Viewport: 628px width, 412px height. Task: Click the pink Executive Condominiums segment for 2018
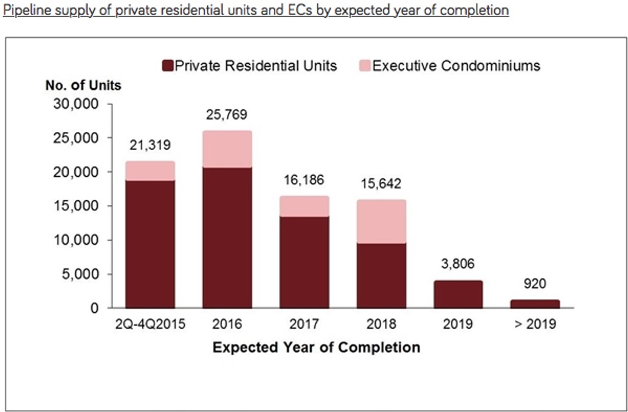382,222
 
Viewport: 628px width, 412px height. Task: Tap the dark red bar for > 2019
535,304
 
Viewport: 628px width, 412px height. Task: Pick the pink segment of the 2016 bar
227,149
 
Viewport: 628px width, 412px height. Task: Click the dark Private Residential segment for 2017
305,262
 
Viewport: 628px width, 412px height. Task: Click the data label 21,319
150,145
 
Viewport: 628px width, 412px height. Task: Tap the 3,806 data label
458,264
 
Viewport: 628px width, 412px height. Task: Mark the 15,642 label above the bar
382,184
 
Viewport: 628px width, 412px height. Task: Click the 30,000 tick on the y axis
76,104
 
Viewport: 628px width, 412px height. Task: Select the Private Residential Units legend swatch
167,66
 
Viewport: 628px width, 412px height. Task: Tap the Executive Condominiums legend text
456,66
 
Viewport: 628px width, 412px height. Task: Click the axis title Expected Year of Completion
316,348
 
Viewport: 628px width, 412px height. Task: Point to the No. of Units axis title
83,85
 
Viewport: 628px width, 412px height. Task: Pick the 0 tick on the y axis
94,308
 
